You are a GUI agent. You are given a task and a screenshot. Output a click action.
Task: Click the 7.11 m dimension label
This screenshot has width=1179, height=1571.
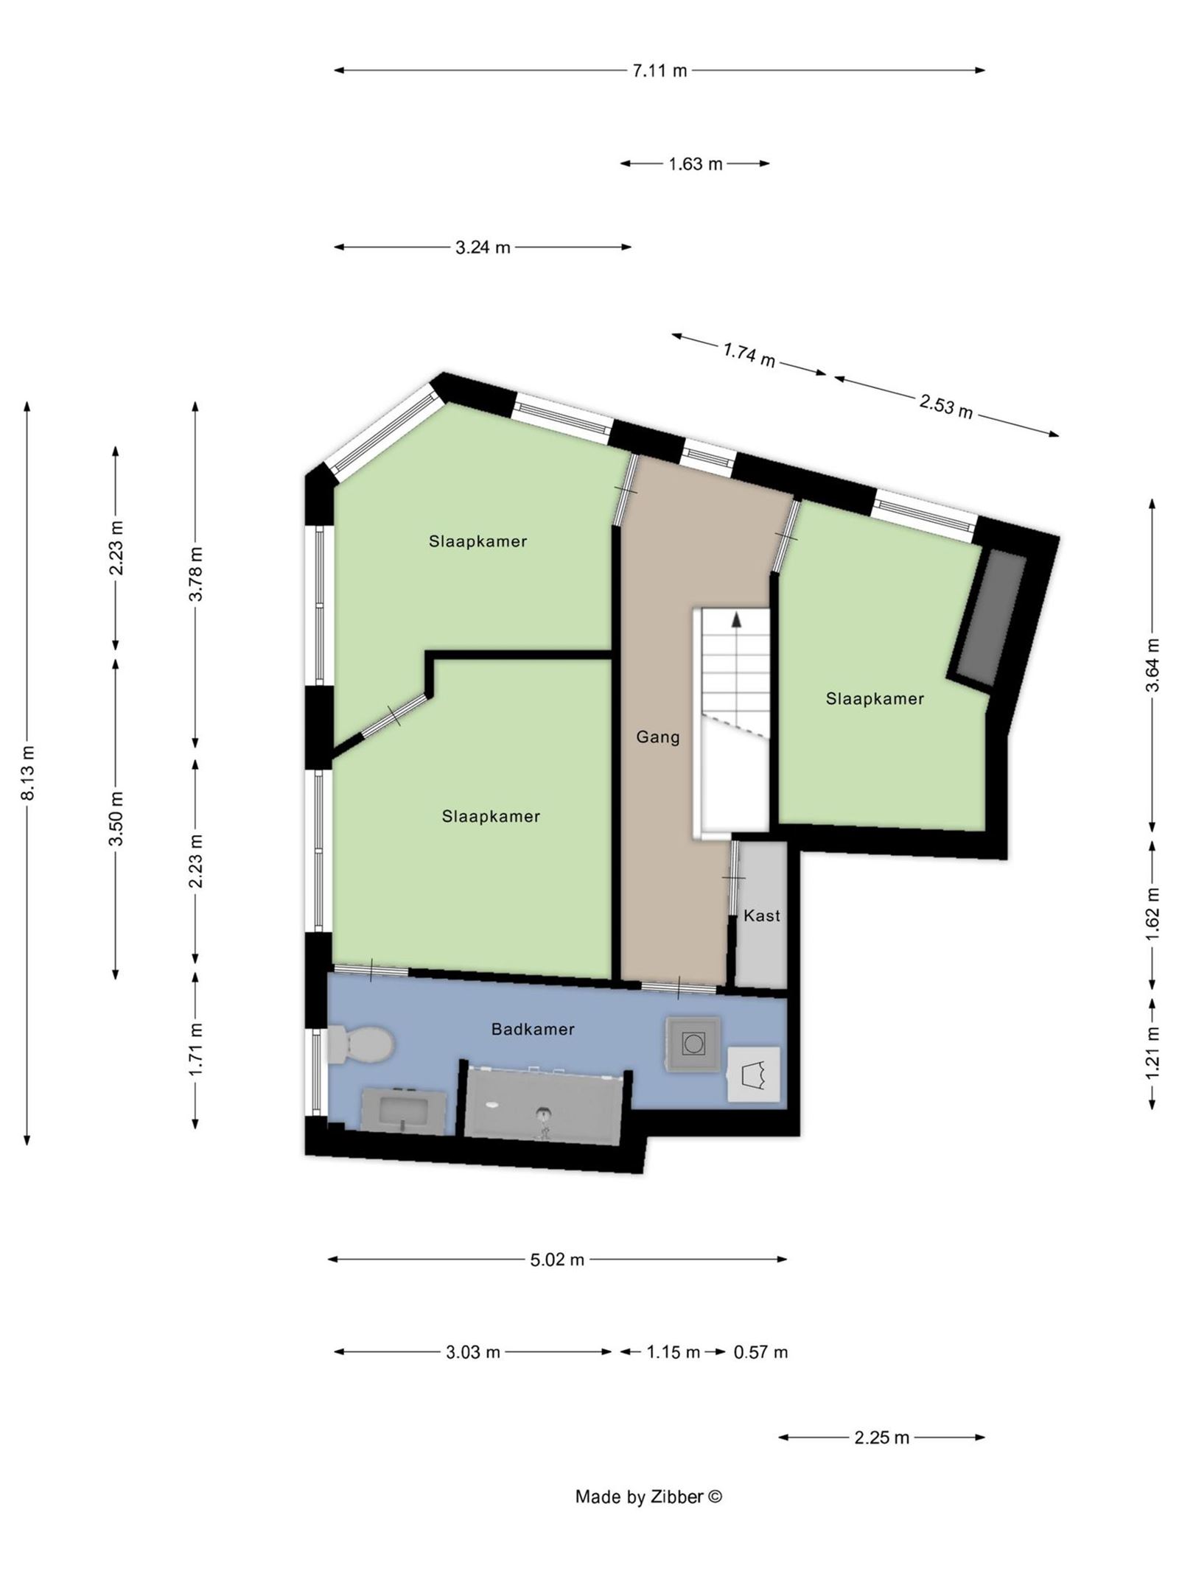click(x=659, y=71)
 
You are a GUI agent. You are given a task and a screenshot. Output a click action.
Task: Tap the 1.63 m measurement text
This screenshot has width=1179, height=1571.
click(x=695, y=164)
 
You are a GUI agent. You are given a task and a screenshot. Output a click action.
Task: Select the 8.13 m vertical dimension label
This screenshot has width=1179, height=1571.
click(x=27, y=772)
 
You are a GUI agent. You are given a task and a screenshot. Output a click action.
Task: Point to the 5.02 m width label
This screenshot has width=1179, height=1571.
click(x=557, y=1259)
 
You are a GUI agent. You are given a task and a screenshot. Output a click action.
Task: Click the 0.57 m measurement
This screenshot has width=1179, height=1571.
click(x=760, y=1352)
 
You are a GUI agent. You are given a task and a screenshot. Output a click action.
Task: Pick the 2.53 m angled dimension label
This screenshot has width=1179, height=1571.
click(x=945, y=406)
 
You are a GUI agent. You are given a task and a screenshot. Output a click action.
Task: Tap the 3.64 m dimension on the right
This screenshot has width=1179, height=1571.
click(x=1153, y=664)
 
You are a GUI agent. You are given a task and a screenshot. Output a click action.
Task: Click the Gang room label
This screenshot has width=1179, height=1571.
click(x=658, y=737)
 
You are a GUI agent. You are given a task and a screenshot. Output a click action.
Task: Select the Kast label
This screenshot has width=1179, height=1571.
click(x=761, y=915)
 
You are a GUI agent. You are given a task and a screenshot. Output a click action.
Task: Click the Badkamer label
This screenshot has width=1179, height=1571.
click(x=533, y=1030)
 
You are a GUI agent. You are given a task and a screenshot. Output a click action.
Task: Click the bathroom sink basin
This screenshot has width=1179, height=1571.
click(x=404, y=1110)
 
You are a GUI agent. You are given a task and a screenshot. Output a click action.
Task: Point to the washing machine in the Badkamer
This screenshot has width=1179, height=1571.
click(x=693, y=1044)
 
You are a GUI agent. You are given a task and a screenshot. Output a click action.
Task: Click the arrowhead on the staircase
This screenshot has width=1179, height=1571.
click(x=735, y=620)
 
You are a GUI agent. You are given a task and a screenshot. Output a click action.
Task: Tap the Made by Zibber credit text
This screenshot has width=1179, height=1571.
click(x=648, y=1496)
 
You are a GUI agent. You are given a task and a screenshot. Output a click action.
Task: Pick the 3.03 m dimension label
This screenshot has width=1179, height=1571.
click(x=472, y=1352)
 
